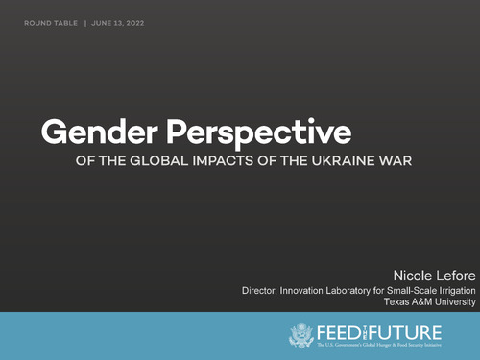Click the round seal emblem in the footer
coord(300,334)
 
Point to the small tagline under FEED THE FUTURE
coord(393,345)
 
